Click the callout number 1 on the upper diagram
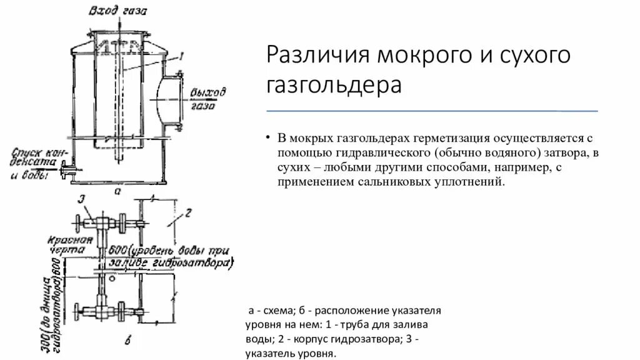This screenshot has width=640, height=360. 181,56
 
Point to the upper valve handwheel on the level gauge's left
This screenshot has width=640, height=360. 76,222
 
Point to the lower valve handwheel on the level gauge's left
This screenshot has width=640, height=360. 77,311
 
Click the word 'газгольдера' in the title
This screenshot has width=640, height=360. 334,84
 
